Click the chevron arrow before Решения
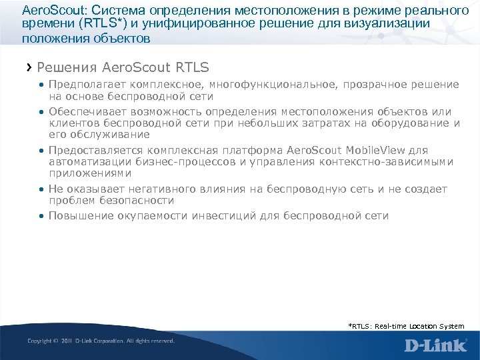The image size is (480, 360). point(29,67)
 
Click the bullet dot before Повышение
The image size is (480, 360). point(41,216)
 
